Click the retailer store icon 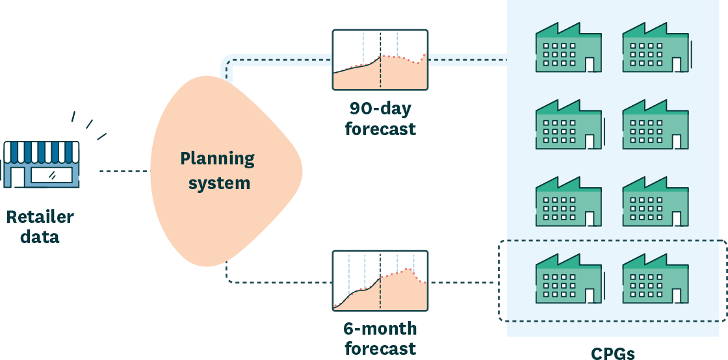(x=42, y=164)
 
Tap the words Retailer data (x=40, y=227)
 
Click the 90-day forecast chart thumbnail (x=380, y=60)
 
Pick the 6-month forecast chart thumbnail (x=380, y=281)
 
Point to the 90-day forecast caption (x=380, y=118)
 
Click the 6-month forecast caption (x=380, y=338)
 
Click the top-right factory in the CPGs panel (x=655, y=48)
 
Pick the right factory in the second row (x=655, y=125)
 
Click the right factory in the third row (x=655, y=201)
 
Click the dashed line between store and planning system (x=123, y=172)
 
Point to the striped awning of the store (x=42, y=151)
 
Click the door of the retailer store (x=18, y=176)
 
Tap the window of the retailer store (x=52, y=174)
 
